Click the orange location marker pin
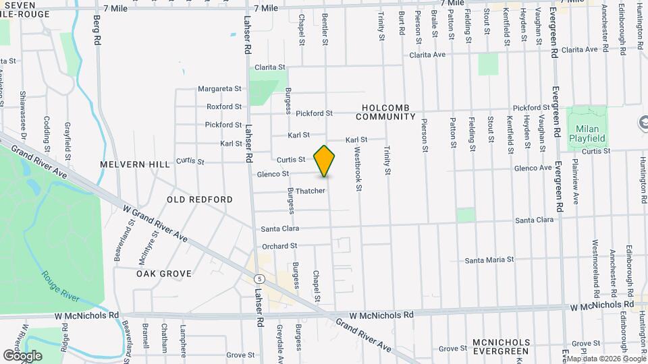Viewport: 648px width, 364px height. coord(325,160)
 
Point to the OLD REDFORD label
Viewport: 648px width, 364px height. coord(200,200)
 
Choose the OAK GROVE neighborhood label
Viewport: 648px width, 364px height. coord(164,274)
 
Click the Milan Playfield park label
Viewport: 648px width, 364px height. coord(591,133)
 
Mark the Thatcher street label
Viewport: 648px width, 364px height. coord(310,191)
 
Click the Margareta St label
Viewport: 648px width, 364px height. coord(219,89)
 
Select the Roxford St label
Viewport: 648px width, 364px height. coord(224,107)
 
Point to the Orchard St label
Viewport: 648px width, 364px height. coord(279,246)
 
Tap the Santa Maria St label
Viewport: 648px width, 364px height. coord(489,260)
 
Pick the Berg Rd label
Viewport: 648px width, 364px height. coord(97,31)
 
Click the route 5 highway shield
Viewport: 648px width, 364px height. coord(259,278)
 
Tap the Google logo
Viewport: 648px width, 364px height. coord(22,355)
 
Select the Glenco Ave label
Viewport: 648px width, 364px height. coord(533,168)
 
